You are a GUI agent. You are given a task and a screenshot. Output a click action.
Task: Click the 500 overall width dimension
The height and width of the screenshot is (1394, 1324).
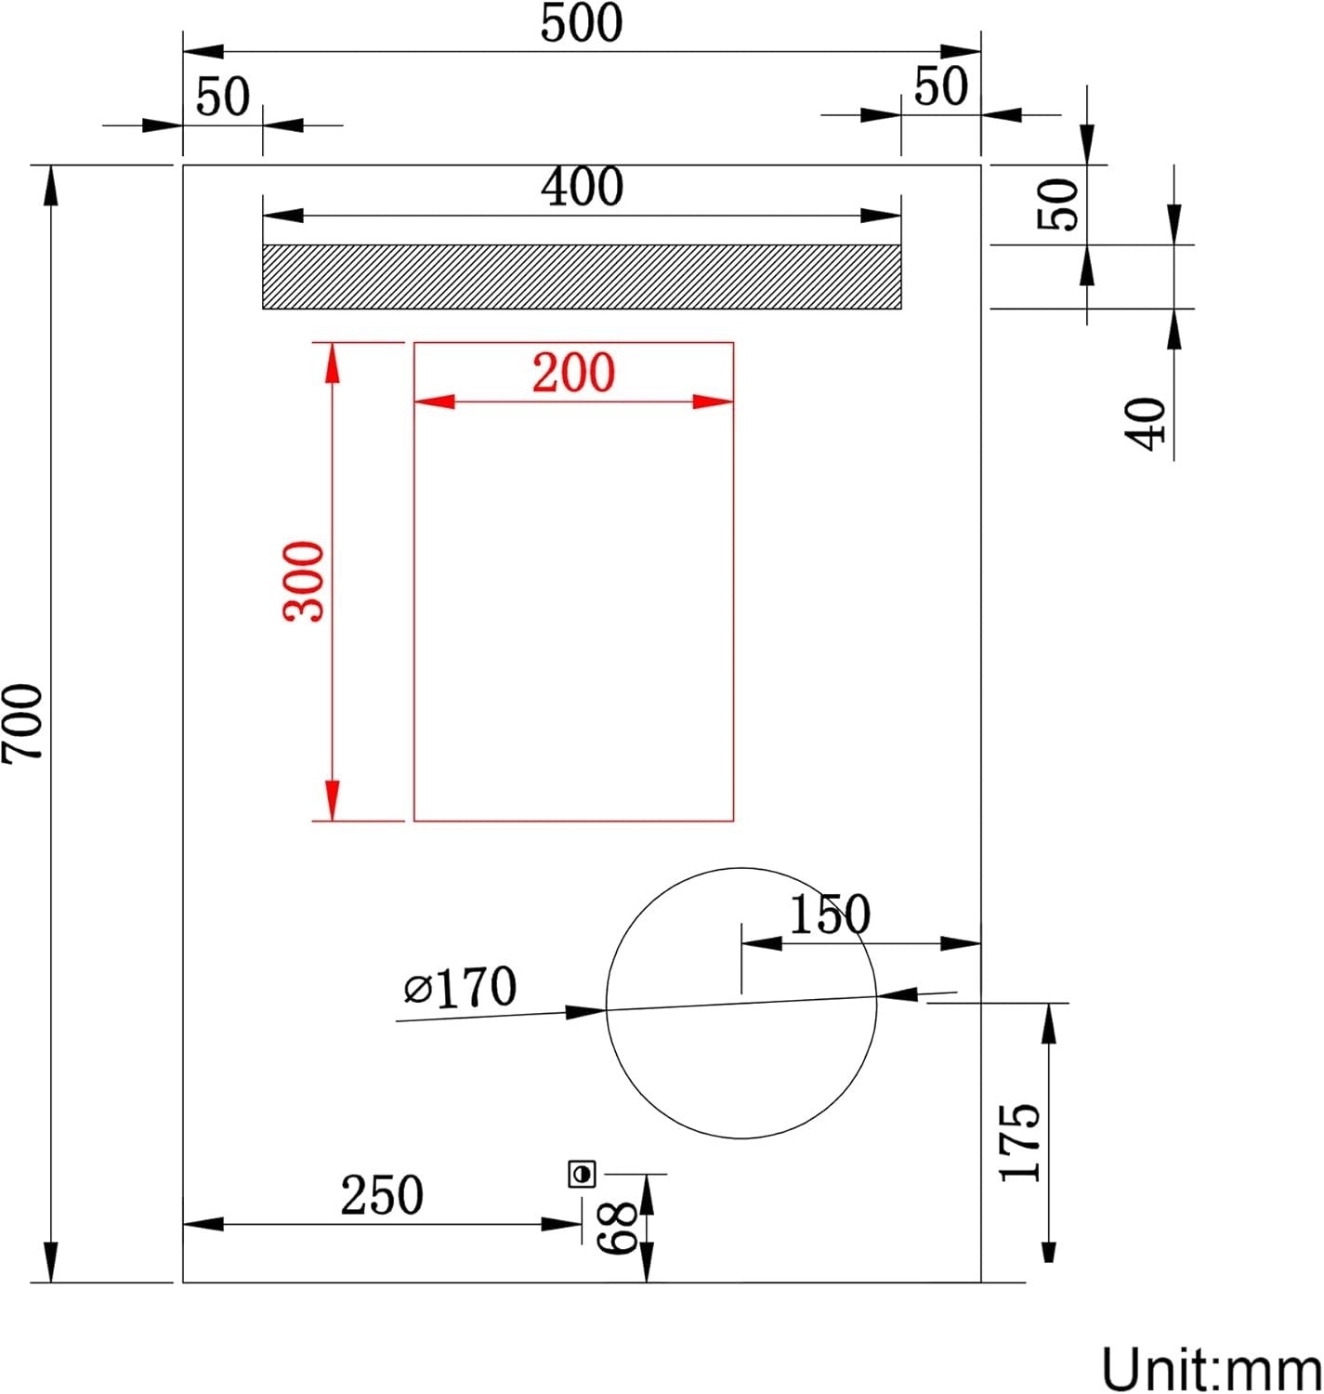[x=582, y=24]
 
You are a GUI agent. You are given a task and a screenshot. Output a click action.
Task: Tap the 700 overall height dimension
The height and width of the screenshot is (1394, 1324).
[x=22, y=722]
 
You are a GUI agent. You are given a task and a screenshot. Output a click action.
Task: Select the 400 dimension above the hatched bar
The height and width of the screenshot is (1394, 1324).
[x=583, y=188]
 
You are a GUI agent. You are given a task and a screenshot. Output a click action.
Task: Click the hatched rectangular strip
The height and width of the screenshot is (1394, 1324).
[x=582, y=276]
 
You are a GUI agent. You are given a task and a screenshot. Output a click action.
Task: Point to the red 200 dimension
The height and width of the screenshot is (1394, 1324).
[x=573, y=374]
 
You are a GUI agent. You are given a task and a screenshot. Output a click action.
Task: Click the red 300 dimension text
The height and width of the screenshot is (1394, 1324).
[x=305, y=581]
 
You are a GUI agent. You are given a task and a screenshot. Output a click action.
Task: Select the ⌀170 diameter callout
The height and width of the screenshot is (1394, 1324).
[x=461, y=988]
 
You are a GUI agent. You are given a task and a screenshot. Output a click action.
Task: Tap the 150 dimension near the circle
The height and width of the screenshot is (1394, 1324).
[x=830, y=914]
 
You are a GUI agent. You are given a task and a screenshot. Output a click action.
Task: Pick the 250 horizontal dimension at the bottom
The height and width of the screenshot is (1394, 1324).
[x=382, y=1196]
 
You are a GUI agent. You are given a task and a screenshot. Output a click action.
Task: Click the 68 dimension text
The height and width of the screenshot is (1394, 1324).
[x=617, y=1227]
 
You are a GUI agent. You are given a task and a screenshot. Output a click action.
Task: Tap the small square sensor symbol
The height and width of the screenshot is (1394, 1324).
[x=583, y=1174]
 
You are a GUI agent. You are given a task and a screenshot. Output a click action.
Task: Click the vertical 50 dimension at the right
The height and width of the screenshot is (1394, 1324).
[x=1058, y=204]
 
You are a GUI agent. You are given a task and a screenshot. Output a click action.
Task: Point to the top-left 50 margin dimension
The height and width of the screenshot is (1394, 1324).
[x=223, y=97]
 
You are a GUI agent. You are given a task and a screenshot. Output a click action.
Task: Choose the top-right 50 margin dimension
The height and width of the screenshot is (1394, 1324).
[x=940, y=87]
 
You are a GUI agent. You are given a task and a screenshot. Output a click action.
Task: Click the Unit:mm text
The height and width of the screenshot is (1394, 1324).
[x=1211, y=1369]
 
